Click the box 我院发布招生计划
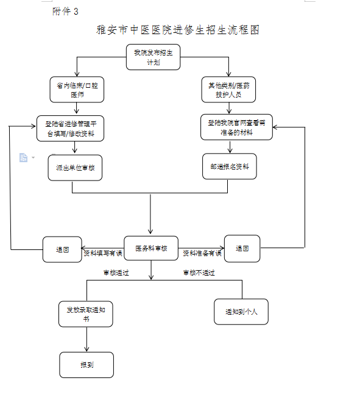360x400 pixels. pyautogui.click(x=153, y=57)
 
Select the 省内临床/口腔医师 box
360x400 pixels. pyautogui.click(x=77, y=90)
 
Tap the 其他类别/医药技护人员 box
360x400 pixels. pyautogui.click(x=228, y=90)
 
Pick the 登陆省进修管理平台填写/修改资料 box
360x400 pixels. pyautogui.click(x=70, y=128)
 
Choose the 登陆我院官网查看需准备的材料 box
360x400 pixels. pyautogui.click(x=236, y=127)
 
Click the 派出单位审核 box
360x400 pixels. pyautogui.click(x=75, y=168)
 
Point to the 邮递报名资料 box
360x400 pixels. pyautogui.click(x=230, y=166)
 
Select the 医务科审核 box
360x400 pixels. pyautogui.click(x=151, y=248)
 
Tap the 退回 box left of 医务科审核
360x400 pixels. pyautogui.click(x=62, y=249)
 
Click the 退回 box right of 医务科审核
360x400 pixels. pyautogui.click(x=242, y=248)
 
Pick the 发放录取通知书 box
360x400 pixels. pyautogui.click(x=86, y=314)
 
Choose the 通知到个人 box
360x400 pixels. pyautogui.click(x=241, y=312)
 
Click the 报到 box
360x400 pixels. pyautogui.click(x=86, y=365)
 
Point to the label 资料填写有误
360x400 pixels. pyautogui.click(x=103, y=253)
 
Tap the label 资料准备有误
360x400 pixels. pyautogui.click(x=202, y=253)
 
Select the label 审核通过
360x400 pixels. pyautogui.click(x=116, y=273)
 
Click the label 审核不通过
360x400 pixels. pyautogui.click(x=199, y=273)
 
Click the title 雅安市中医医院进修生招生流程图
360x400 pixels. pyautogui.click(x=178, y=30)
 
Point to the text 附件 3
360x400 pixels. pyautogui.click(x=65, y=12)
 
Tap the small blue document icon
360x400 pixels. pyautogui.click(x=23, y=157)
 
